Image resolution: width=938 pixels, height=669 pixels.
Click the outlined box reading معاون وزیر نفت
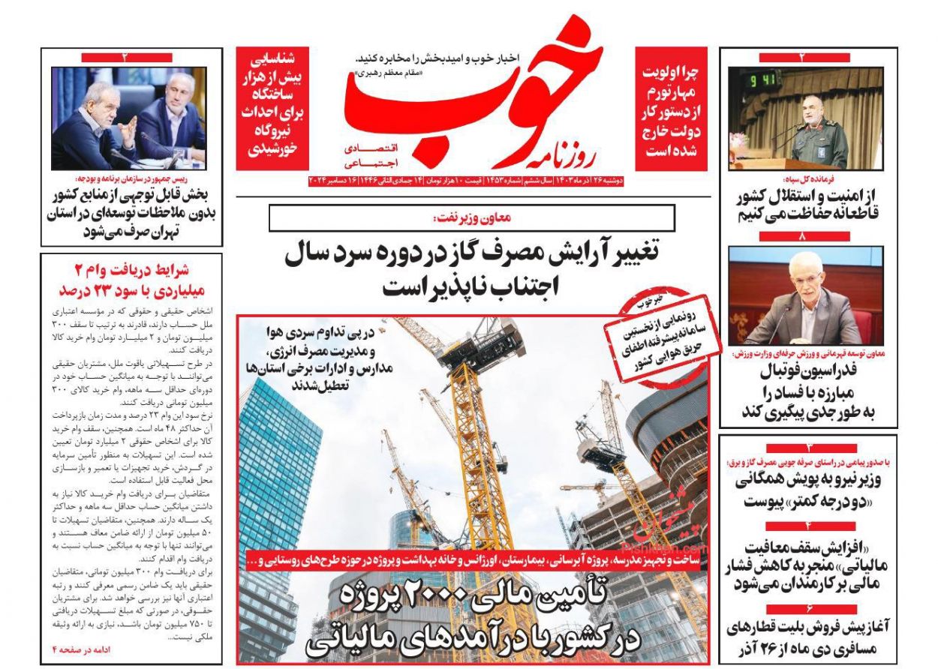click(471, 217)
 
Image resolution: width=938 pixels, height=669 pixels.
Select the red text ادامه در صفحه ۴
click(80, 649)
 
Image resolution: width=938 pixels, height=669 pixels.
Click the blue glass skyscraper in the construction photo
click(279, 465)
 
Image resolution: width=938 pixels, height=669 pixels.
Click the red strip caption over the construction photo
click(473, 560)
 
